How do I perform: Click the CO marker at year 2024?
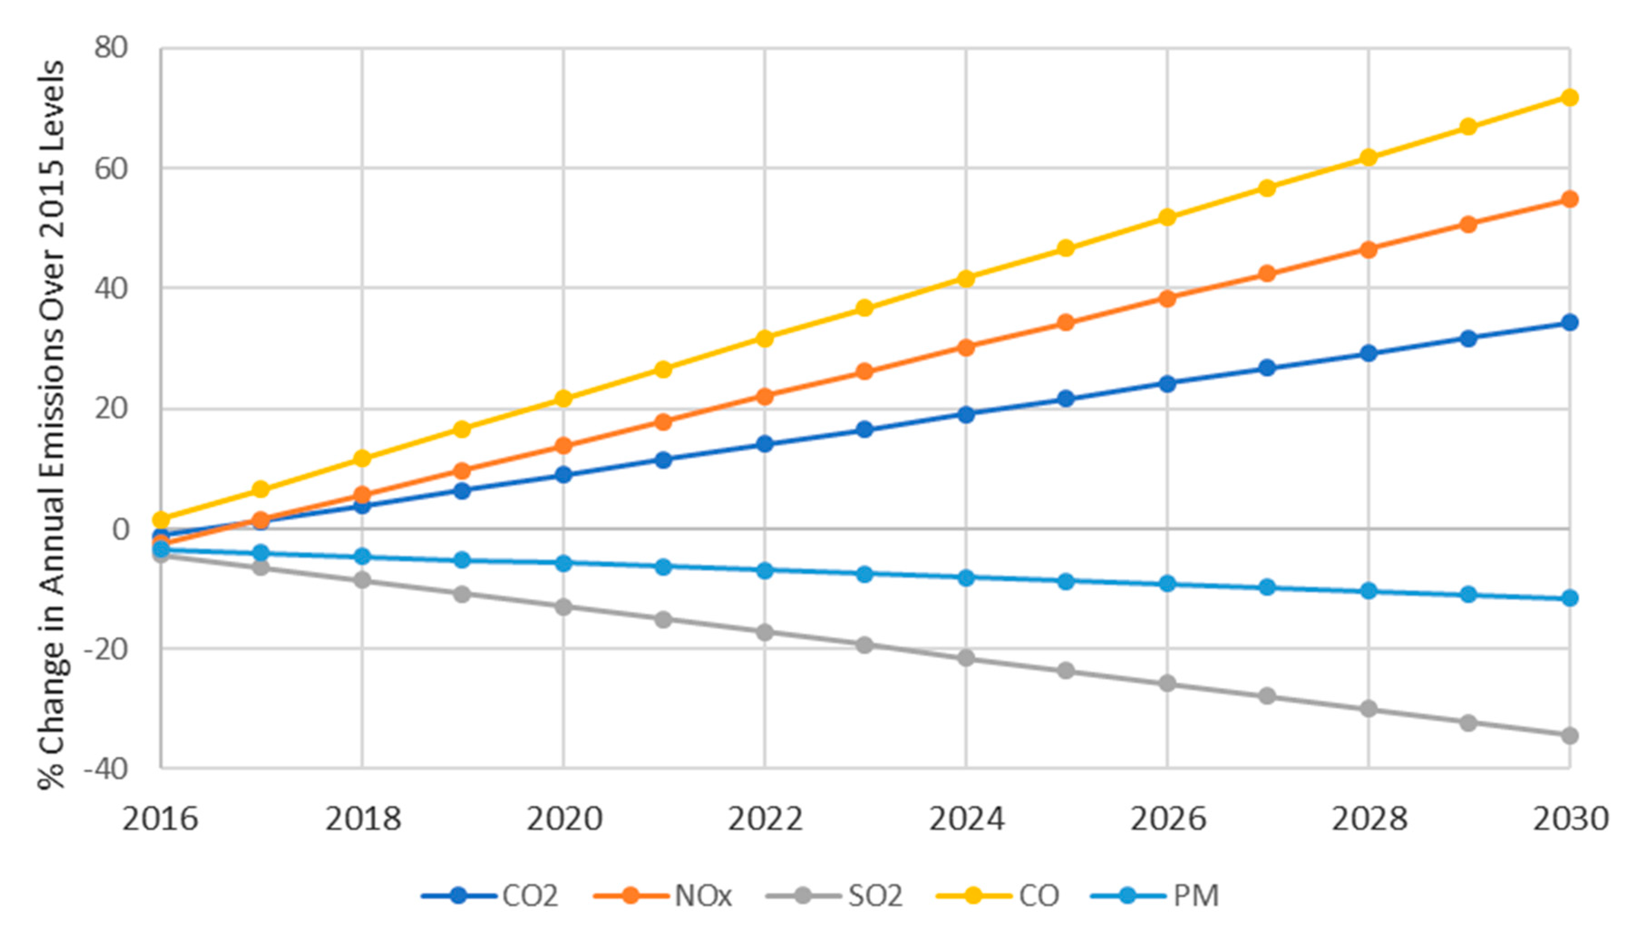coord(966,278)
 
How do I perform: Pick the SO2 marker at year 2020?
coord(563,607)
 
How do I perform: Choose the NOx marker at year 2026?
coord(1167,299)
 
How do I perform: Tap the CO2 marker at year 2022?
coord(764,445)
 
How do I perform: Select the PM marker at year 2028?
coord(1368,591)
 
